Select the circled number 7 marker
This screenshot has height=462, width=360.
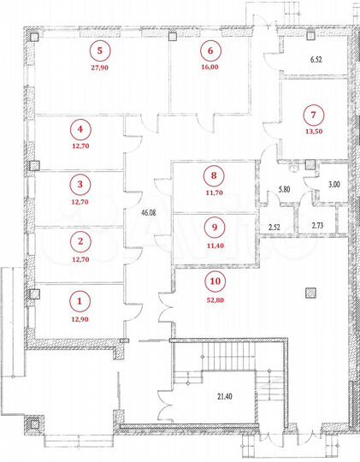coord(313,115)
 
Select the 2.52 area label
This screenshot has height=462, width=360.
coord(274,227)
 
